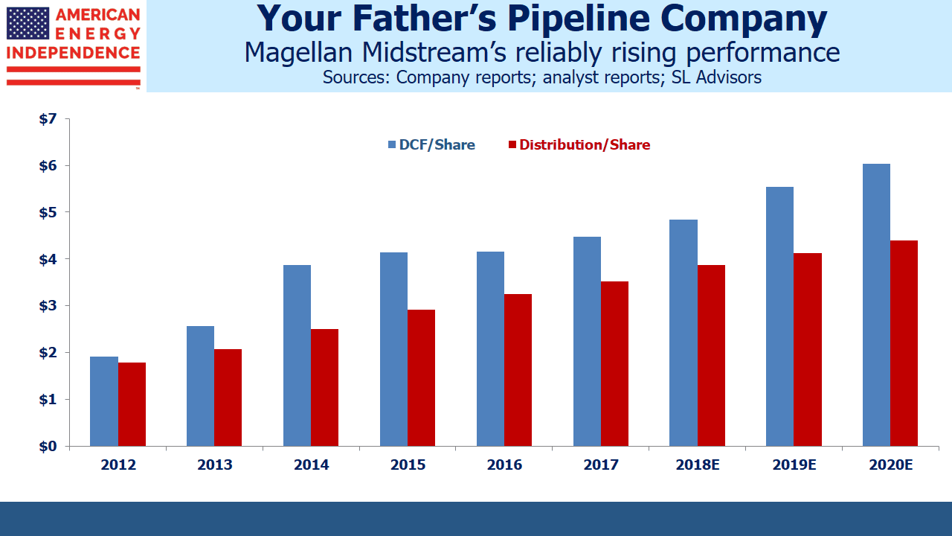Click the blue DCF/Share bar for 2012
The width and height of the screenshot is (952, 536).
coord(104,401)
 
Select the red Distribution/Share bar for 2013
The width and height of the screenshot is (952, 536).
coord(228,398)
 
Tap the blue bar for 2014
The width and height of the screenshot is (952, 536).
coord(297,356)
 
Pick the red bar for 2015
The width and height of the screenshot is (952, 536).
coord(421,377)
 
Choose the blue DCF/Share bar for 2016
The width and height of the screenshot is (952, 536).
coord(490,349)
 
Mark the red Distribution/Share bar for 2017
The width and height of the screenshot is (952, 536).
coord(614,364)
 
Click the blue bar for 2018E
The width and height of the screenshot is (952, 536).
coord(684,333)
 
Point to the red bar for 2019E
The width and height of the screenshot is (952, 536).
coord(808,350)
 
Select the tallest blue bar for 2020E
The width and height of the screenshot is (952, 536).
coord(876,305)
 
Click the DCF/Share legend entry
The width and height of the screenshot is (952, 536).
coord(432,144)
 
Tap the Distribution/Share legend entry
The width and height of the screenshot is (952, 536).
coord(579,144)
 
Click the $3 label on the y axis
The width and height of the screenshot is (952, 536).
coord(48,306)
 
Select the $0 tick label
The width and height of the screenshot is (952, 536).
coord(48,446)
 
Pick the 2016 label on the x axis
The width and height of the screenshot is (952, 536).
coord(504,465)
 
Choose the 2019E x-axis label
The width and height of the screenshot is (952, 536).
coord(794,465)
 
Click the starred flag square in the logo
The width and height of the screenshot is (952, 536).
coord(28,23)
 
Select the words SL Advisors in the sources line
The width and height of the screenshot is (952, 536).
coord(716,77)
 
